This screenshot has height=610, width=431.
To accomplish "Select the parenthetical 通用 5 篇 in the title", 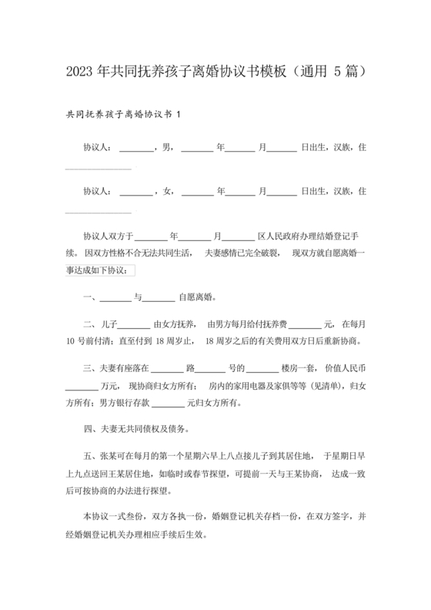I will click(330, 71).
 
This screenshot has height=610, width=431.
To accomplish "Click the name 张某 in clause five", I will click(107, 457).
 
